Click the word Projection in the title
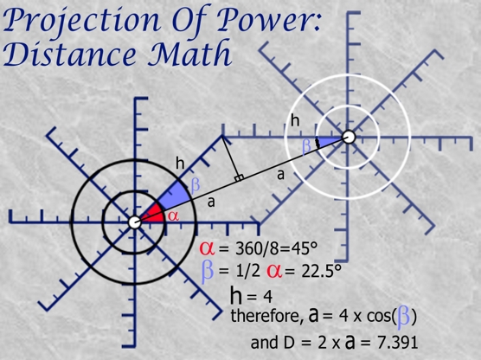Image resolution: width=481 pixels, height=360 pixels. coord(81,21)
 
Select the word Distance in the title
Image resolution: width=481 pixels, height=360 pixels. coord(69,55)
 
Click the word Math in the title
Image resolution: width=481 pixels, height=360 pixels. coord(190,53)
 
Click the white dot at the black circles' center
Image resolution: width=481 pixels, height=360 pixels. coord(134,222)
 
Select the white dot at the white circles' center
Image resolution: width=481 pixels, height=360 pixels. coord(348,137)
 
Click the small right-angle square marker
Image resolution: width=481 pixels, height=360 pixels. coord(240,178)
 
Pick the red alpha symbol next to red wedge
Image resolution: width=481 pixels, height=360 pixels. coord(173,216)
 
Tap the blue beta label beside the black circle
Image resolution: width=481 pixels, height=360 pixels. coord(196,185)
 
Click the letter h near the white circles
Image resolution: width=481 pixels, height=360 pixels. coord(295,120)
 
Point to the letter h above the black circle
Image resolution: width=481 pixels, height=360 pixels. coord(180,163)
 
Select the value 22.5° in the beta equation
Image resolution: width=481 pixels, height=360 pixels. coord(321,271)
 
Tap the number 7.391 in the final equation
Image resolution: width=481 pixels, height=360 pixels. coord(397,342)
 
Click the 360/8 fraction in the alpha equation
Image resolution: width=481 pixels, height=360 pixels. coord(256,248)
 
